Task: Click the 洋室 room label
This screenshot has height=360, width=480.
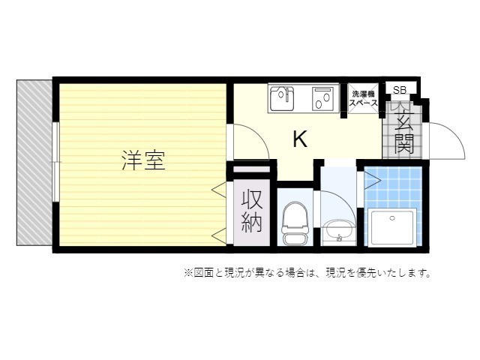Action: pyautogui.click(x=142, y=160)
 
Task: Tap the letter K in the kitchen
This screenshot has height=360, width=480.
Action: pyautogui.click(x=299, y=139)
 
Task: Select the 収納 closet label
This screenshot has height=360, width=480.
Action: pyautogui.click(x=252, y=211)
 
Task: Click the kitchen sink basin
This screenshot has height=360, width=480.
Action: pyautogui.click(x=282, y=97)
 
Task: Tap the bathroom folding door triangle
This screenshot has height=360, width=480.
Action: pyautogui.click(x=369, y=180)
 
